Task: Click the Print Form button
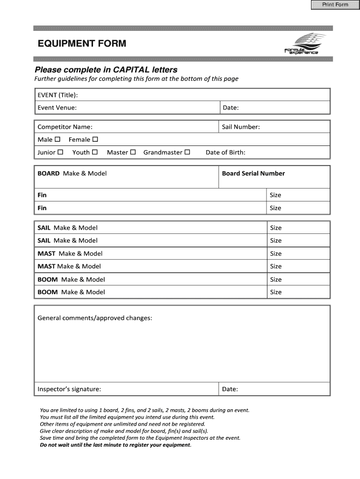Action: tap(335, 5)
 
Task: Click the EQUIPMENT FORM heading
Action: tap(82, 44)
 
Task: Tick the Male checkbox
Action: tap(58, 139)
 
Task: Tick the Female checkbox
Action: tap(95, 139)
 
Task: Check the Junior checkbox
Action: tap(60, 152)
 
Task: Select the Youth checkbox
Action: tap(95, 152)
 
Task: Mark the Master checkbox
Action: tap(133, 152)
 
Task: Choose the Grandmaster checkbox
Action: tap(187, 152)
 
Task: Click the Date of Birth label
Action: tap(225, 152)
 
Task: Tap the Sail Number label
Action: tap(241, 127)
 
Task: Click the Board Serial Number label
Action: tap(253, 174)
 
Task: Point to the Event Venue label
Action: tap(57, 108)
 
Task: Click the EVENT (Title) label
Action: tap(58, 95)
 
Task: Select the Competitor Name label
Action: tap(65, 127)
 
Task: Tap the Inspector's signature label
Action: tap(69, 389)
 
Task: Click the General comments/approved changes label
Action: tap(94, 318)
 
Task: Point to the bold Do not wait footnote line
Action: tap(115, 445)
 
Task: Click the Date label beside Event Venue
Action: tap(230, 108)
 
